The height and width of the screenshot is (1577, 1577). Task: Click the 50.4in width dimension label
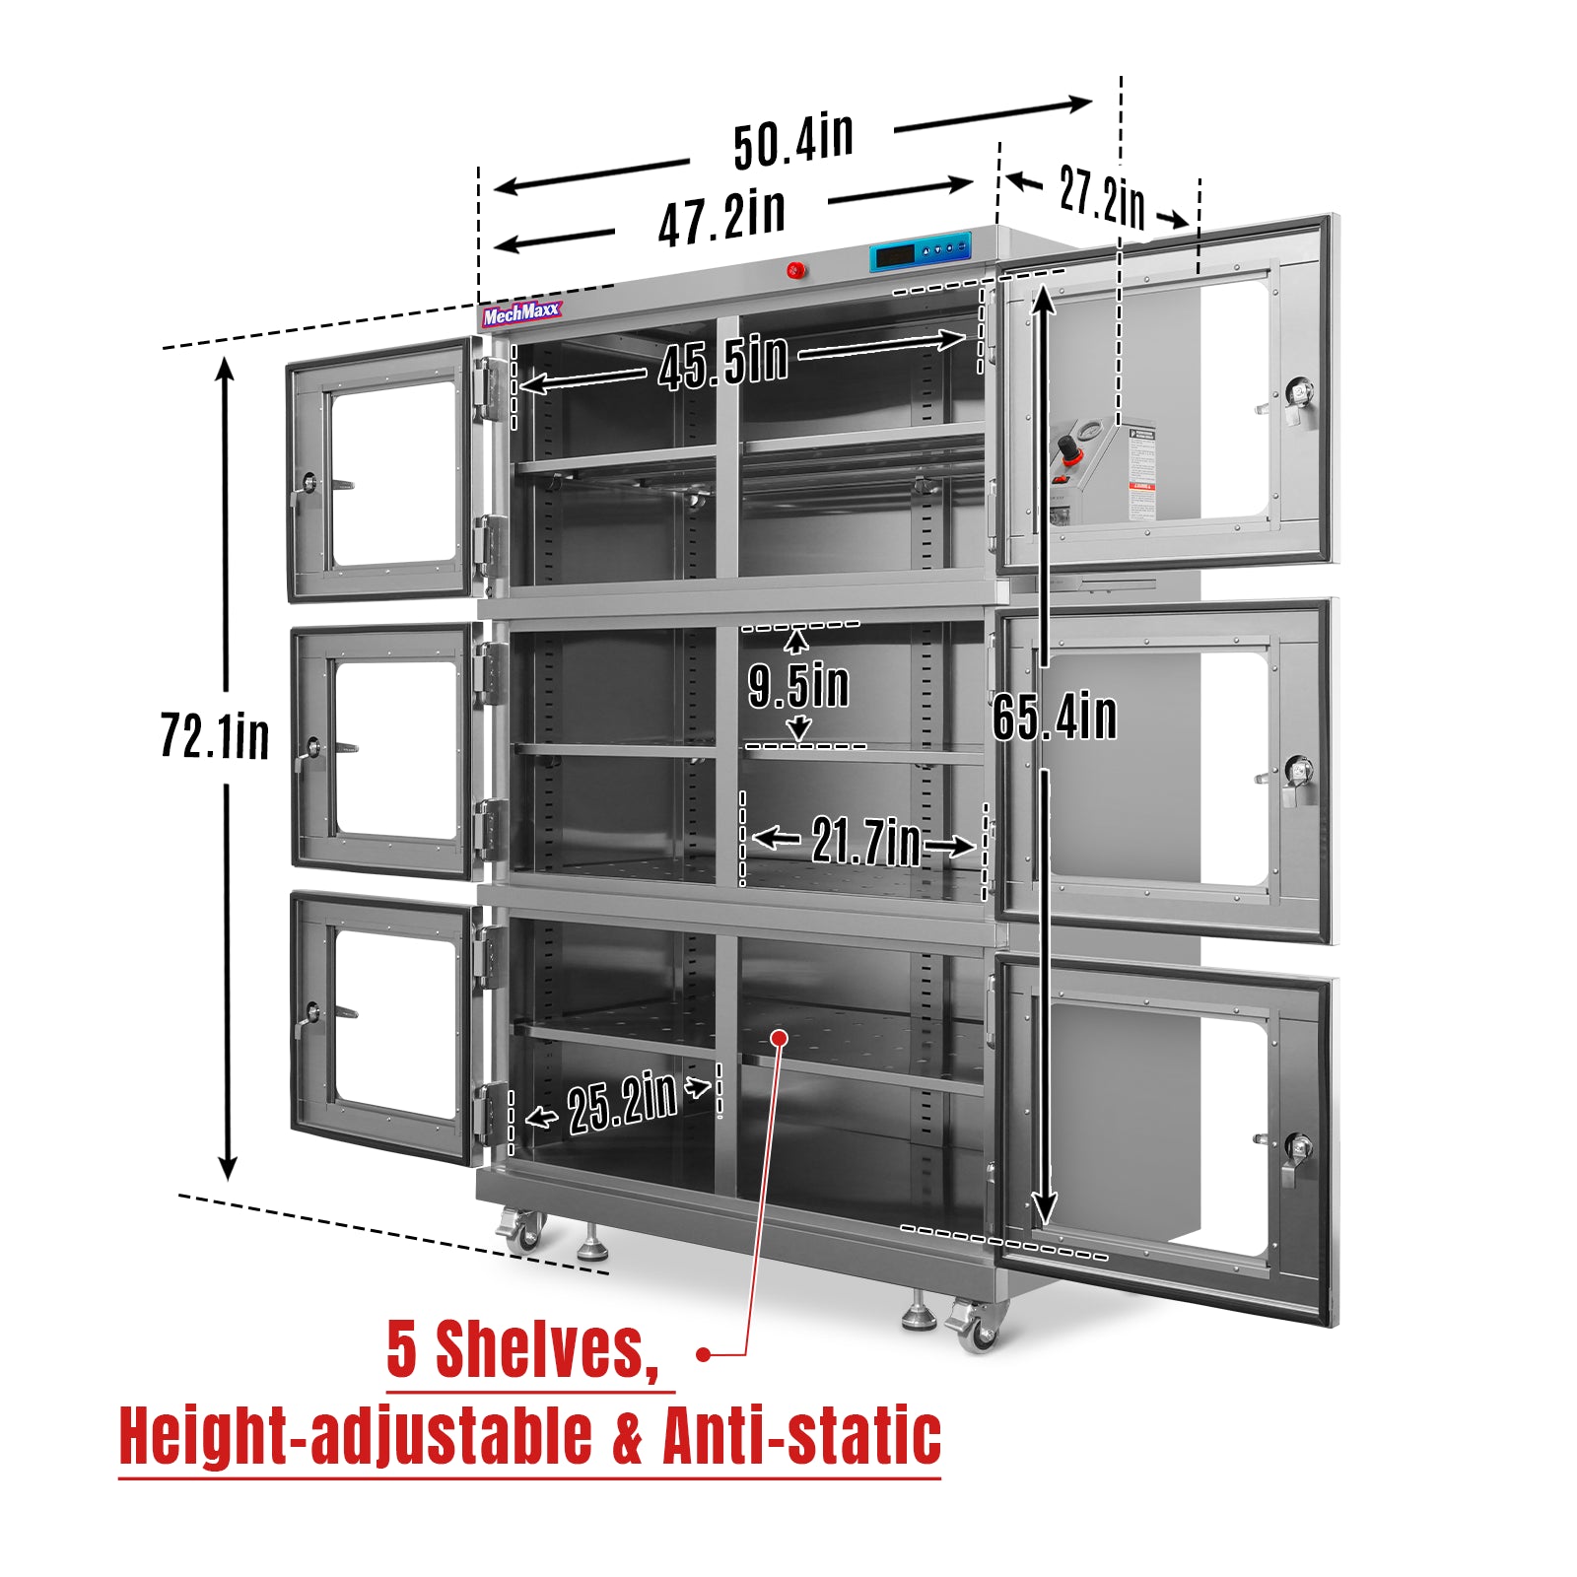(793, 141)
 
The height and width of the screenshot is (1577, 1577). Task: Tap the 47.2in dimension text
(721, 218)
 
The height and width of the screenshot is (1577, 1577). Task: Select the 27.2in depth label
(1102, 197)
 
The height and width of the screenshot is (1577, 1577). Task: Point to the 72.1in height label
(215, 736)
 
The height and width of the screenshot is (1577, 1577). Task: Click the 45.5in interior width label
(723, 361)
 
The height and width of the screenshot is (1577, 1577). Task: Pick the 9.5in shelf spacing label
(798, 685)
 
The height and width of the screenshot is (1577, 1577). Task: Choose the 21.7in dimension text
(865, 842)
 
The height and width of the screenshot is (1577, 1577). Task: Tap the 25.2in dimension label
(622, 1102)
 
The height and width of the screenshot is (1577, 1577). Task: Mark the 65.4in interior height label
(1055, 716)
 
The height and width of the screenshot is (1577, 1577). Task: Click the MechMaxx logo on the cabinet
(521, 313)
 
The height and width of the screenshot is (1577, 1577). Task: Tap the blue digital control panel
(921, 252)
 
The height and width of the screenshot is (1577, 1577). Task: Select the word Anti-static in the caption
(801, 1436)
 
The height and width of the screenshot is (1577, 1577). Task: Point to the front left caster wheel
(522, 1230)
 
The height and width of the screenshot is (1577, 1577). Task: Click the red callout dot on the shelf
(780, 1037)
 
